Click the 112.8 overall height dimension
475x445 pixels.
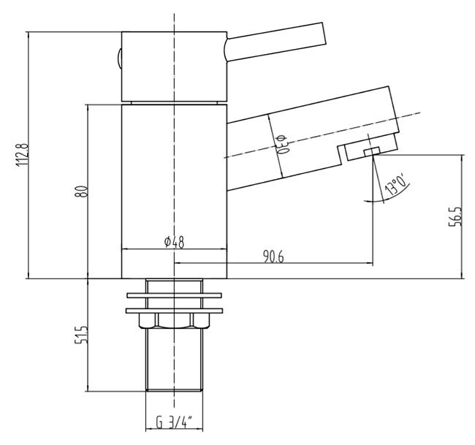tap(22, 155)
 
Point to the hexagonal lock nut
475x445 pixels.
tap(174, 322)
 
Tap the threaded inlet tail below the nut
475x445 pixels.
tap(174, 365)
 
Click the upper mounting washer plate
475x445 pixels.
tap(174, 296)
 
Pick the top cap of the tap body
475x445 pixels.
tap(174, 66)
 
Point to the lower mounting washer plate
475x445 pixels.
tap(174, 310)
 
